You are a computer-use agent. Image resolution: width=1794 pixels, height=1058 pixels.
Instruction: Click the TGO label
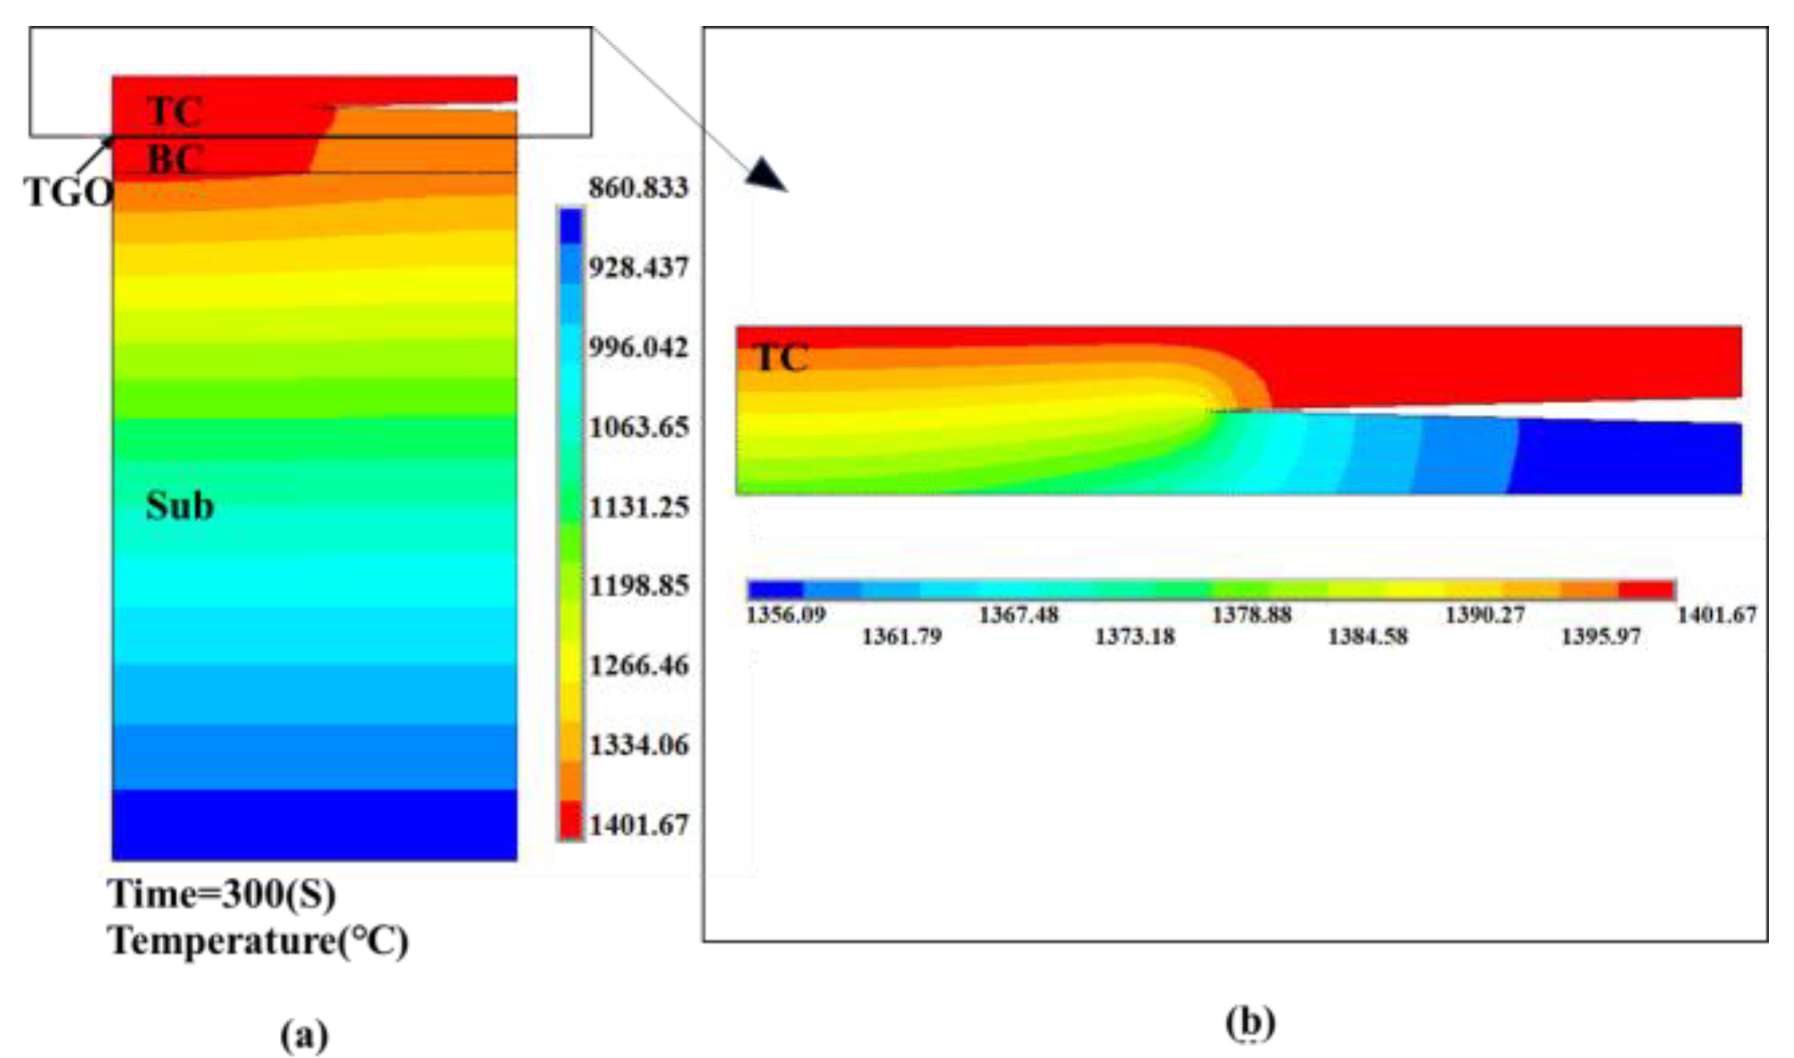pos(68,191)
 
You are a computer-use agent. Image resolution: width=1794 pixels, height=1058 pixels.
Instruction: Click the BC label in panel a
pos(173,159)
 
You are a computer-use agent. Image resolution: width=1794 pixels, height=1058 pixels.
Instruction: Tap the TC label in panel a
pos(173,112)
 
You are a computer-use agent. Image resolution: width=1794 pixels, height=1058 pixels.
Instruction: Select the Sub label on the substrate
pos(179,505)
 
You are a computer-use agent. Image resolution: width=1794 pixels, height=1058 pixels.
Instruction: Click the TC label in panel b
pos(781,358)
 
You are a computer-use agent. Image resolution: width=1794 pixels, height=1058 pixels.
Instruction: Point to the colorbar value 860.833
pos(638,188)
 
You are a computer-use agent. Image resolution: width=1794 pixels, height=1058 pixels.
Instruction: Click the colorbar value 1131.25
pos(638,507)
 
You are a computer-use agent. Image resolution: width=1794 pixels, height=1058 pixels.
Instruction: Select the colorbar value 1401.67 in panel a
pos(638,825)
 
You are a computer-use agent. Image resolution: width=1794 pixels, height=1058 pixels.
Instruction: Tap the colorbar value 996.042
pos(638,347)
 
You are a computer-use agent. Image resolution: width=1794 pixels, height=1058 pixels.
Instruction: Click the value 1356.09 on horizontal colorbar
pos(785,614)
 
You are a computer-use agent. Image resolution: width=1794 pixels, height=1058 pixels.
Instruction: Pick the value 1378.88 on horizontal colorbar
pos(1251,614)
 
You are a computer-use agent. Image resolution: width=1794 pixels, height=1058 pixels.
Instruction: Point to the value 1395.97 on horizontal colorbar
pos(1600,637)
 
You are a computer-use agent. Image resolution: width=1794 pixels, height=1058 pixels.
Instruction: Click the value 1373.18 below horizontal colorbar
pos(1134,637)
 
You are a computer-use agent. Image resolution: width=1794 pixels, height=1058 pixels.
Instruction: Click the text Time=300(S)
pos(222,893)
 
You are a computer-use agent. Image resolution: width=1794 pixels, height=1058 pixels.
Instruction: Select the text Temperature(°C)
pos(258,941)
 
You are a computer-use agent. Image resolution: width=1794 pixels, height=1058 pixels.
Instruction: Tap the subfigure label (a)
pos(304,1036)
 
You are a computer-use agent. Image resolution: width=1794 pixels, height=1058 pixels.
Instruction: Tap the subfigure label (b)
pos(1249,1021)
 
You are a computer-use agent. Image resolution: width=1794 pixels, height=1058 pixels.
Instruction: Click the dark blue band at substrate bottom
pos(314,825)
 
